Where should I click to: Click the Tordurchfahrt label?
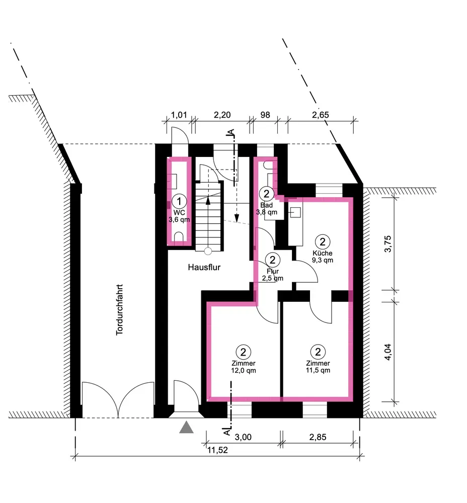119,309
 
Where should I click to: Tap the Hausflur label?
204,267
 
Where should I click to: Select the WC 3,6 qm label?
179,216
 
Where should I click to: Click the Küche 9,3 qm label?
323,257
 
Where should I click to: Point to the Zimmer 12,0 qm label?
243,367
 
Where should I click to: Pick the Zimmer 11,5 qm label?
318,367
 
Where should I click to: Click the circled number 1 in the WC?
179,201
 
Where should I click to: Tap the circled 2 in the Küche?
323,241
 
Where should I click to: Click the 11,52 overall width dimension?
217,450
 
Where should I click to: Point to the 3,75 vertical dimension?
387,244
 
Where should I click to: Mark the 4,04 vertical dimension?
387,352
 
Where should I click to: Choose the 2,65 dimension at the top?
321,115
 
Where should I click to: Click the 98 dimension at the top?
265,115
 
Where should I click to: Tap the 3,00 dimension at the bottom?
243,437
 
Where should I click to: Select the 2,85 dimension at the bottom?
318,437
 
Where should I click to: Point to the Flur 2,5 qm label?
272,275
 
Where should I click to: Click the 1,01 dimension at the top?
179,115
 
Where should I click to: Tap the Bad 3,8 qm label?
266,209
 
